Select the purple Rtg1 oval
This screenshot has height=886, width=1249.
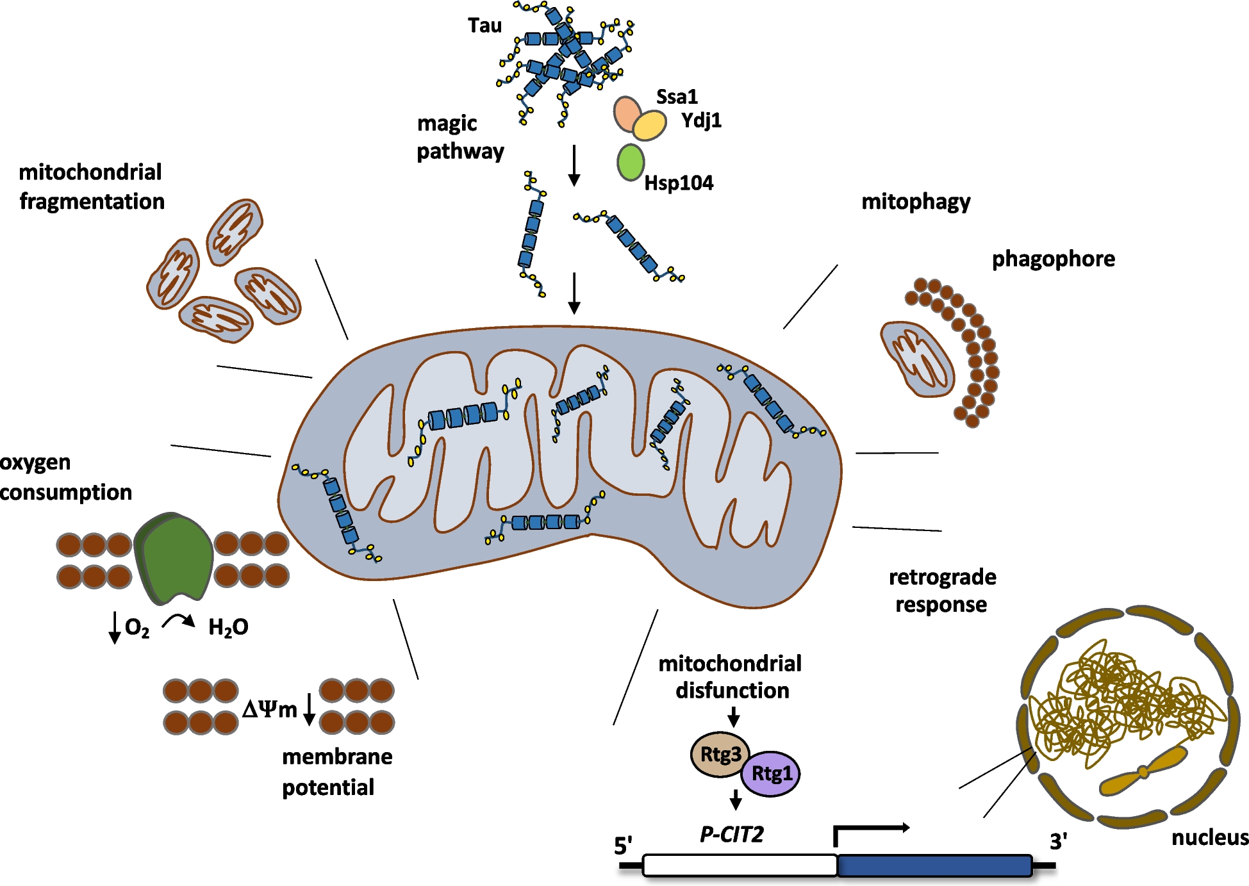772,773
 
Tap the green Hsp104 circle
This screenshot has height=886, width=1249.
631,162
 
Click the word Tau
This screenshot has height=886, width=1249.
484,26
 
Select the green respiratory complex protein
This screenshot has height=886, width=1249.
176,558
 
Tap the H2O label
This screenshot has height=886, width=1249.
228,627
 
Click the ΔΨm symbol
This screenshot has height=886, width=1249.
270,709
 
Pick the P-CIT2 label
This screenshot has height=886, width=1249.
732,834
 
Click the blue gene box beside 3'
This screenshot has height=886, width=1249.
934,865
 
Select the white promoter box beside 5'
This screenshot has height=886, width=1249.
740,865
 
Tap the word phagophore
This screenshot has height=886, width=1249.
1053,259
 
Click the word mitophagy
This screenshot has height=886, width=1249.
915,202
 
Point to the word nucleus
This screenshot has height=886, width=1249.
1209,837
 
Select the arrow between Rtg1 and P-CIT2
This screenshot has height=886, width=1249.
736,800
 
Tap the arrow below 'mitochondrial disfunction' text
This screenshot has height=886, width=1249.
734,716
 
